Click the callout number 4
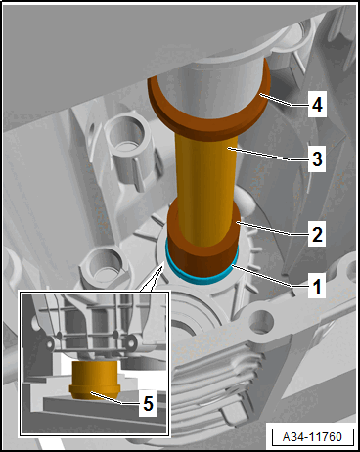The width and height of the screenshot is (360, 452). click(317, 105)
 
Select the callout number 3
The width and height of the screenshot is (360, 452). click(317, 159)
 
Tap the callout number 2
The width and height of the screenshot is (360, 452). click(317, 234)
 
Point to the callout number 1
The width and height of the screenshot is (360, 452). click(317, 286)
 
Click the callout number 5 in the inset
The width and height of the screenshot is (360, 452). click(148, 404)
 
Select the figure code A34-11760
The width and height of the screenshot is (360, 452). click(312, 436)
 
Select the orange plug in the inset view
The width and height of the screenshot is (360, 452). click(95, 380)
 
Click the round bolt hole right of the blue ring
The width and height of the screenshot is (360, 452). click(262, 322)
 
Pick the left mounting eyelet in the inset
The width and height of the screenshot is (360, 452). click(50, 343)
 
